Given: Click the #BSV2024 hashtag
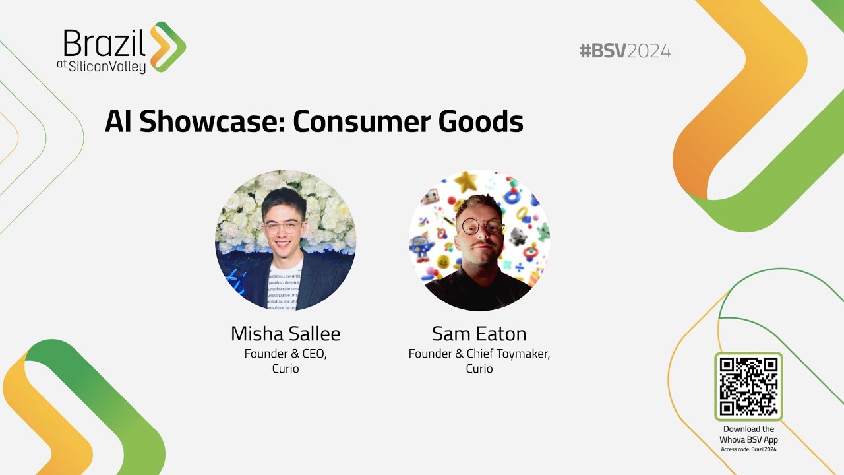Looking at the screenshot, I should tap(624, 51).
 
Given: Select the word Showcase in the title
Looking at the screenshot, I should tap(213, 122).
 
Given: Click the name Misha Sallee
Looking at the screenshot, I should tap(286, 334).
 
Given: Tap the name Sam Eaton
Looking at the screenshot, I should tap(479, 334).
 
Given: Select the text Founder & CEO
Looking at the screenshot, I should tap(286, 354).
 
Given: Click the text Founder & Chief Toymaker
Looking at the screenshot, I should tap(479, 354).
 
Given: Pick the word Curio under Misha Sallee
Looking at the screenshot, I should tap(286, 369).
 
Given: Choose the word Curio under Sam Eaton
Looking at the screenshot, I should tap(479, 369).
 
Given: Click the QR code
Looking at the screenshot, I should tap(748, 387).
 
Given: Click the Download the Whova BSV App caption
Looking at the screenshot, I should tap(748, 434).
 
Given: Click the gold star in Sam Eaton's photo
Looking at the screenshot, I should tap(466, 181).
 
